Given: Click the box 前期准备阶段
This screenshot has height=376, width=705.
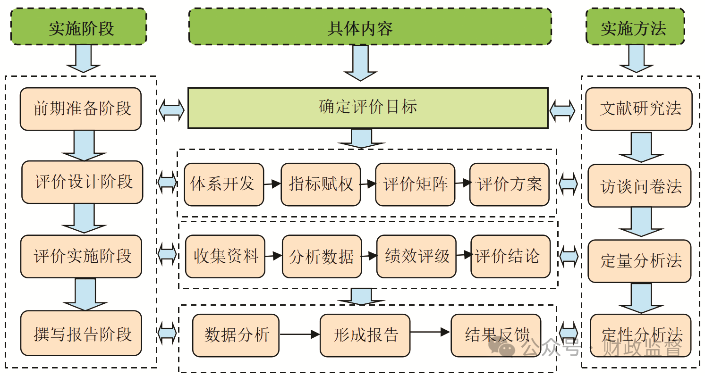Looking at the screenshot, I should click(81, 109).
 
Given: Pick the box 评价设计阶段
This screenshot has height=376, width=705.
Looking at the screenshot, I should click(82, 182).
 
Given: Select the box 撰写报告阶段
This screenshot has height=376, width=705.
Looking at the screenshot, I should click(81, 333).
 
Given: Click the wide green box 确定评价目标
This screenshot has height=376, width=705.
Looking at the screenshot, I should click(368, 108).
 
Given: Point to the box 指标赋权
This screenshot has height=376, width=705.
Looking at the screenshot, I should click(321, 184).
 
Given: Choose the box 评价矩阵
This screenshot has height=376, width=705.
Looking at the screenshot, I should click(415, 184).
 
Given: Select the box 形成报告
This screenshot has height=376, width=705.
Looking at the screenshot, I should click(365, 335).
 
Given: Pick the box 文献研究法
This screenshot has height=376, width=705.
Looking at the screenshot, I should click(639, 109).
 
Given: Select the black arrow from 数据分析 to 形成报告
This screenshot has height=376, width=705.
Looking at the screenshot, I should click(300, 334).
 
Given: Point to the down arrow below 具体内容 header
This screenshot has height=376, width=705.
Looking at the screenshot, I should click(360, 63).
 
